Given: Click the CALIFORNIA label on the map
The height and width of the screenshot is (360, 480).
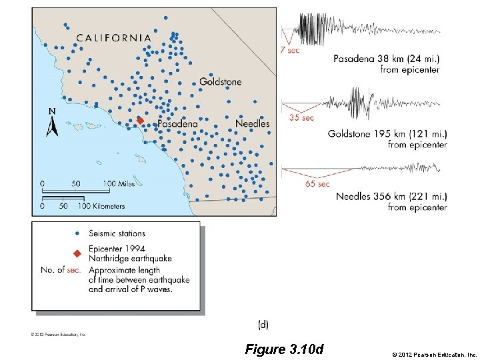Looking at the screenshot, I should coord(114,38).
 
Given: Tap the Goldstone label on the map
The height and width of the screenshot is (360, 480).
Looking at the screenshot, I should coord(221,82).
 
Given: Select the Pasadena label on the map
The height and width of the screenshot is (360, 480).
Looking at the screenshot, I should coord(177,124).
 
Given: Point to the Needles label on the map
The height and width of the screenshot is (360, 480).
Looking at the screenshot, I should coord(253,123).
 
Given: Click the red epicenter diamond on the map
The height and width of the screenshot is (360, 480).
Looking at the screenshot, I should coord(140,121).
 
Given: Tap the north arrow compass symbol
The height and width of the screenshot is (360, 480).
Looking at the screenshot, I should coord(52,123).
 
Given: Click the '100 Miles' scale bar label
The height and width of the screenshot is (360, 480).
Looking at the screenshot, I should coord(118,183).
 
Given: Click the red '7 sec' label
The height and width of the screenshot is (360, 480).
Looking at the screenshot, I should coord(289,50).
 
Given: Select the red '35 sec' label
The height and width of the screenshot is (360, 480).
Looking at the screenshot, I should coord(301,118).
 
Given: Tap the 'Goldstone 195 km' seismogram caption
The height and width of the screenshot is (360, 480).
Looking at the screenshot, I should coord(387,134).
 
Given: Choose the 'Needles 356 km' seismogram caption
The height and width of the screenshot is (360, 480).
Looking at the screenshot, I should coord(391,196).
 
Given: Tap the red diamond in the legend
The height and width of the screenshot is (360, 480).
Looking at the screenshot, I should coord(77,253).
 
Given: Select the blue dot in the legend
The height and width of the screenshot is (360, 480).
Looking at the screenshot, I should coord(77,233).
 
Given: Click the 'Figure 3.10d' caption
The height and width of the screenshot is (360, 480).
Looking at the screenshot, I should coord(284,349).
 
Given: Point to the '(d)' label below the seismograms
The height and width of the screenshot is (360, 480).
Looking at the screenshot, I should coord(263,324).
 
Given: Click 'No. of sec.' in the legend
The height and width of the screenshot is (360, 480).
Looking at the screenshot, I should coord(61,270).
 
